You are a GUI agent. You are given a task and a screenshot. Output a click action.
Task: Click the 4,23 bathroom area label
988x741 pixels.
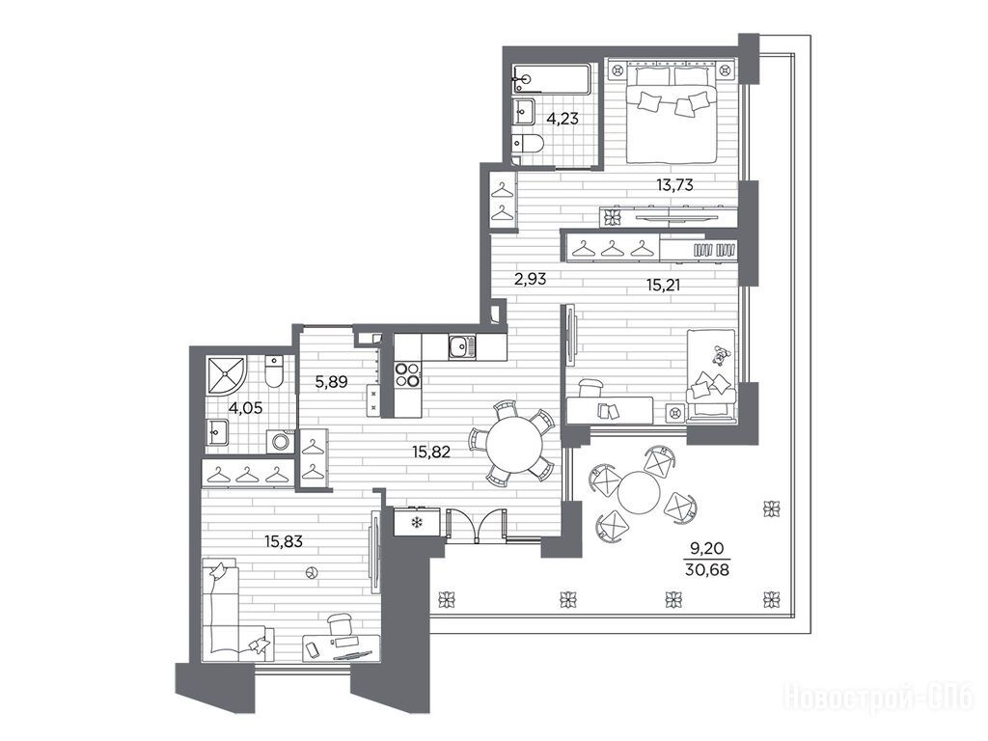click(x=563, y=119)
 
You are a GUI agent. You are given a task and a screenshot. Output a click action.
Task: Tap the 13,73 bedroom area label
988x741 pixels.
click(x=674, y=184)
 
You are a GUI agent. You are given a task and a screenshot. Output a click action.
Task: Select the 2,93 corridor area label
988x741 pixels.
click(x=530, y=279)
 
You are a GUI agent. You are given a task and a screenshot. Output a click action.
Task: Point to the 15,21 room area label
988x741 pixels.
click(x=663, y=286)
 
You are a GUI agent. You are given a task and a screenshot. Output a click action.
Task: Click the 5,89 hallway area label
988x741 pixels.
click(x=332, y=381)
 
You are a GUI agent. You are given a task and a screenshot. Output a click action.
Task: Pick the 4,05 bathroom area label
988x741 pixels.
click(x=245, y=408)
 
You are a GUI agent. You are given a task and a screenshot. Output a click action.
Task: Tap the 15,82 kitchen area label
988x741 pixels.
click(x=431, y=452)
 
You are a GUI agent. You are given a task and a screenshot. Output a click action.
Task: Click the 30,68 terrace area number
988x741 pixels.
click(x=707, y=571)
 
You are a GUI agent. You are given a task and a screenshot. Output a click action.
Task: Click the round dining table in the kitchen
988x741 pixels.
click(x=513, y=445)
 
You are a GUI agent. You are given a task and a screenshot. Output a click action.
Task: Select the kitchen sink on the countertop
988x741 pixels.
click(x=462, y=347)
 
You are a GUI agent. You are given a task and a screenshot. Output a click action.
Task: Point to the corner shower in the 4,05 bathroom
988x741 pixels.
click(x=227, y=374)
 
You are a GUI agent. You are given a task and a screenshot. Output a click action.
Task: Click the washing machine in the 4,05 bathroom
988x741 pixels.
click(x=279, y=441)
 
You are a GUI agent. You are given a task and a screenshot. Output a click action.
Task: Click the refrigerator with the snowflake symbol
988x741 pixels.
click(x=416, y=522)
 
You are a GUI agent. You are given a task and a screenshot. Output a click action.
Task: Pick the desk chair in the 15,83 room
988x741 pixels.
click(x=341, y=624)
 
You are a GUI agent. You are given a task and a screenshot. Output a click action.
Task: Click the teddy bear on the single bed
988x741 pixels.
click(x=720, y=356)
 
